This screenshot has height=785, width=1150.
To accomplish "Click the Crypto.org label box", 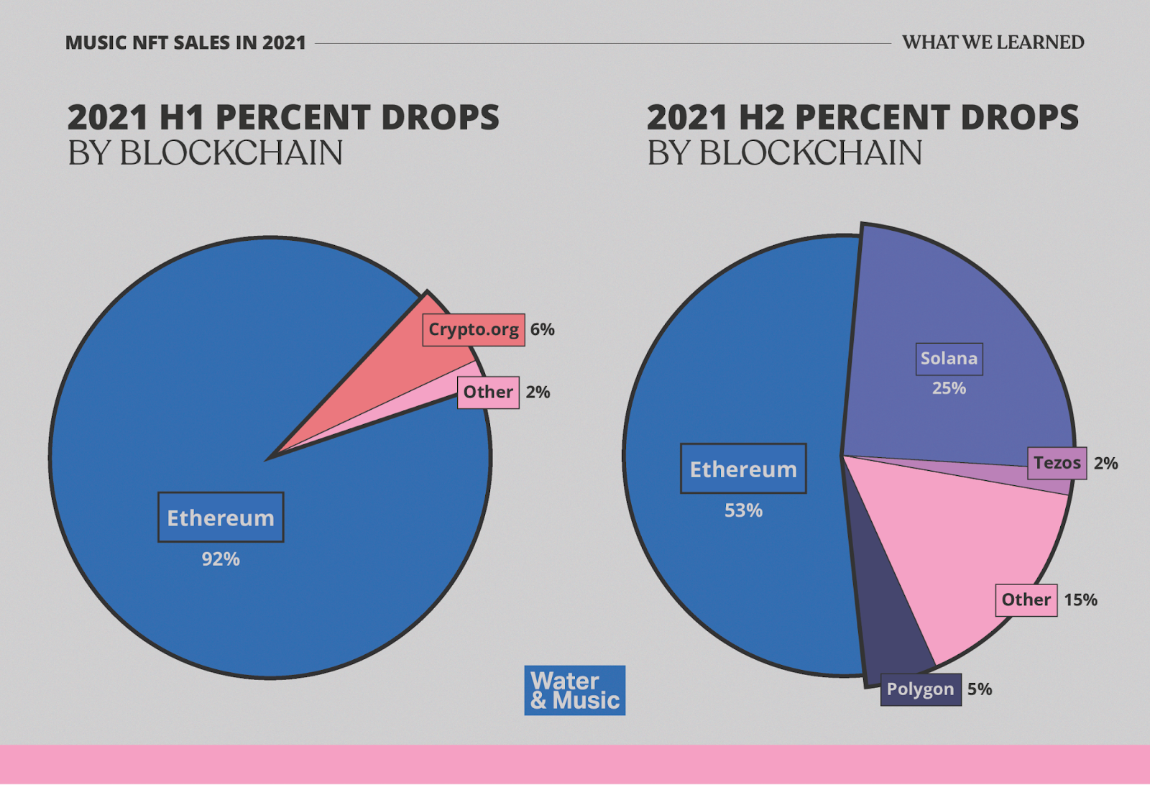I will tap(474, 330).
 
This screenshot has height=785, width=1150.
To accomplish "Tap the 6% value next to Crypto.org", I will tap(542, 330).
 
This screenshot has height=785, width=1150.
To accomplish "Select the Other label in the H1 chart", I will tap(488, 392).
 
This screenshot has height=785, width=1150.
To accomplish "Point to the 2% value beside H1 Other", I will tap(538, 392).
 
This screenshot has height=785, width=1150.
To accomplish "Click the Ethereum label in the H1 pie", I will tap(221, 518).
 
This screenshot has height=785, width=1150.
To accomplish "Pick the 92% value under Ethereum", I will tap(221, 559).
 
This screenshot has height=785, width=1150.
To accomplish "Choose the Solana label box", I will tap(949, 359).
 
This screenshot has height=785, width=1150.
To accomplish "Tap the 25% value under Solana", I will tap(949, 389).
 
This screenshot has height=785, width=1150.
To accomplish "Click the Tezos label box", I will tap(1057, 463).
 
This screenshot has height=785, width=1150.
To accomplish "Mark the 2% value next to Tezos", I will tap(1105, 464).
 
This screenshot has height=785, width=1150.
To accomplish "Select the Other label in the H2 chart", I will tap(1026, 600).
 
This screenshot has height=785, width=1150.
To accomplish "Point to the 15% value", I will tap(1080, 600).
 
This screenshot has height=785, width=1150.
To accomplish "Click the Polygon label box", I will tap(921, 689).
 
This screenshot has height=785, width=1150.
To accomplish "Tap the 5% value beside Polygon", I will tap(979, 689).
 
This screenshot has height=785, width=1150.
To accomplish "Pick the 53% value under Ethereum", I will tap(743, 511).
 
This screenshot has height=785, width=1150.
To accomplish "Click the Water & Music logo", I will tap(575, 690).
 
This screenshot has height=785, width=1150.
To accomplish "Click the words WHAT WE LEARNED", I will tap(993, 42).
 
